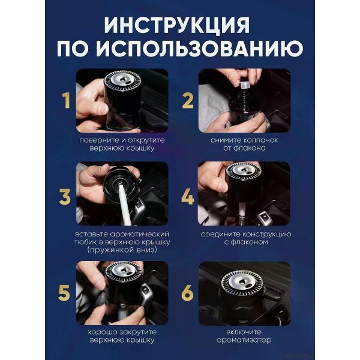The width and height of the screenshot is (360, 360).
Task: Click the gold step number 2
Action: click(188, 101)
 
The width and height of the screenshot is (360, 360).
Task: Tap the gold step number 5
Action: click(64, 293)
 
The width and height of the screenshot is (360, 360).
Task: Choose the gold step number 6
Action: click(188, 293)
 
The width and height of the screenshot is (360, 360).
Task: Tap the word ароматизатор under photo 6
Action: click(245, 340)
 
